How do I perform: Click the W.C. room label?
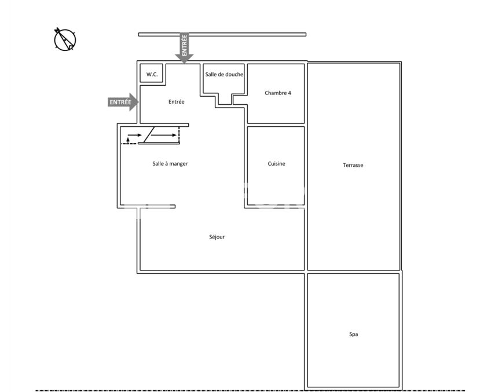pos(152,74)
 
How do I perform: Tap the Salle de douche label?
pos(224,74)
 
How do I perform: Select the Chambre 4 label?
pos(278,93)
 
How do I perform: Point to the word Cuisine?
pos(276,164)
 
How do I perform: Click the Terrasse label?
pos(353,165)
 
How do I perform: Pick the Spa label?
pos(354,334)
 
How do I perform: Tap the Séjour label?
pos(217,237)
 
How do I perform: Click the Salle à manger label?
pos(170,164)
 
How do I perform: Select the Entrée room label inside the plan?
pos(177,102)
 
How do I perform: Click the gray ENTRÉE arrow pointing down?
pos(184,47)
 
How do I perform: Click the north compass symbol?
pos(65,39)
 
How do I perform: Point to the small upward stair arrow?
pos(128,141)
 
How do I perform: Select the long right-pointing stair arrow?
pos(164,135)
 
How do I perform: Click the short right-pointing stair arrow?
pos(135,135)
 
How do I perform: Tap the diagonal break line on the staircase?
pos(149,135)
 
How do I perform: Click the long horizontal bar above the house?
pos(222,35)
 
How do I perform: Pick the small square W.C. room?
pos(151,73)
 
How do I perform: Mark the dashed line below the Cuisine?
pos(276,205)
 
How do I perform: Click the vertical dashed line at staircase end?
pos(179,135)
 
